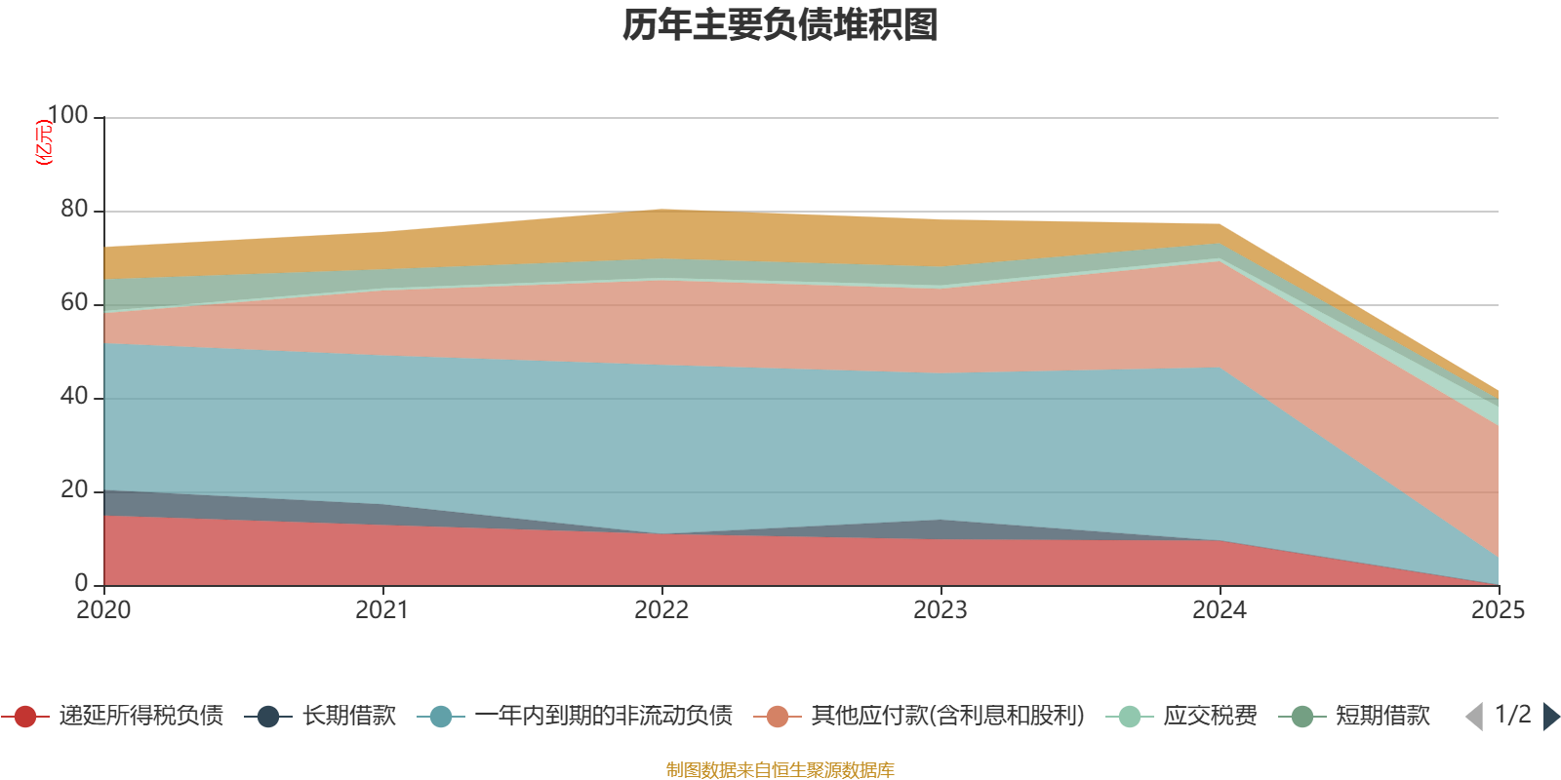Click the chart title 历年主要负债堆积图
coord(780,25)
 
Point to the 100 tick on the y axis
coord(67,115)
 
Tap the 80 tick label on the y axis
coord(74,209)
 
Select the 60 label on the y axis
coord(74,302)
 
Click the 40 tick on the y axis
coord(74,396)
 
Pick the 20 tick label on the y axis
coord(74,489)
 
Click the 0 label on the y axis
coord(81,583)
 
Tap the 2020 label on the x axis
coord(103,610)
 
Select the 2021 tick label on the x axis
coord(381,610)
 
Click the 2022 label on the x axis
coord(661,610)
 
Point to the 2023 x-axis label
coord(941,610)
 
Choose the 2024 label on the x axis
coord(1220,610)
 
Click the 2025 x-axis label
coord(1499,610)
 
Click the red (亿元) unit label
coord(43,142)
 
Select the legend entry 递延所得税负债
coord(112,716)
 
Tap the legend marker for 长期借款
coord(268,717)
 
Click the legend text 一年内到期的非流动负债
coord(604,716)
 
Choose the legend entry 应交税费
coord(1181,716)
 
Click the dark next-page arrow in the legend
coord(1551,717)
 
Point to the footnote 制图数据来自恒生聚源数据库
coord(780,769)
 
